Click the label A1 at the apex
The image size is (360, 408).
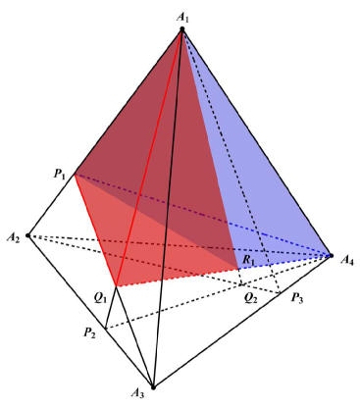click(181, 16)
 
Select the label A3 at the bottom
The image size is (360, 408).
click(139, 395)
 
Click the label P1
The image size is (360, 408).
click(60, 174)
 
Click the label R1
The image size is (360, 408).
click(249, 260)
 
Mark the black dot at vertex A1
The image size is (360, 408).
click(181, 31)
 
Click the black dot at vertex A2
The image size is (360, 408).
click(28, 235)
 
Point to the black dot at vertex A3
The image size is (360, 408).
click(152, 386)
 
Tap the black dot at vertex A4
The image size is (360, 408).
click(330, 255)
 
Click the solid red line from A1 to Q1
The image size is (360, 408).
click(149, 157)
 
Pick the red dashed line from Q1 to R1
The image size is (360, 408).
click(177, 277)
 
